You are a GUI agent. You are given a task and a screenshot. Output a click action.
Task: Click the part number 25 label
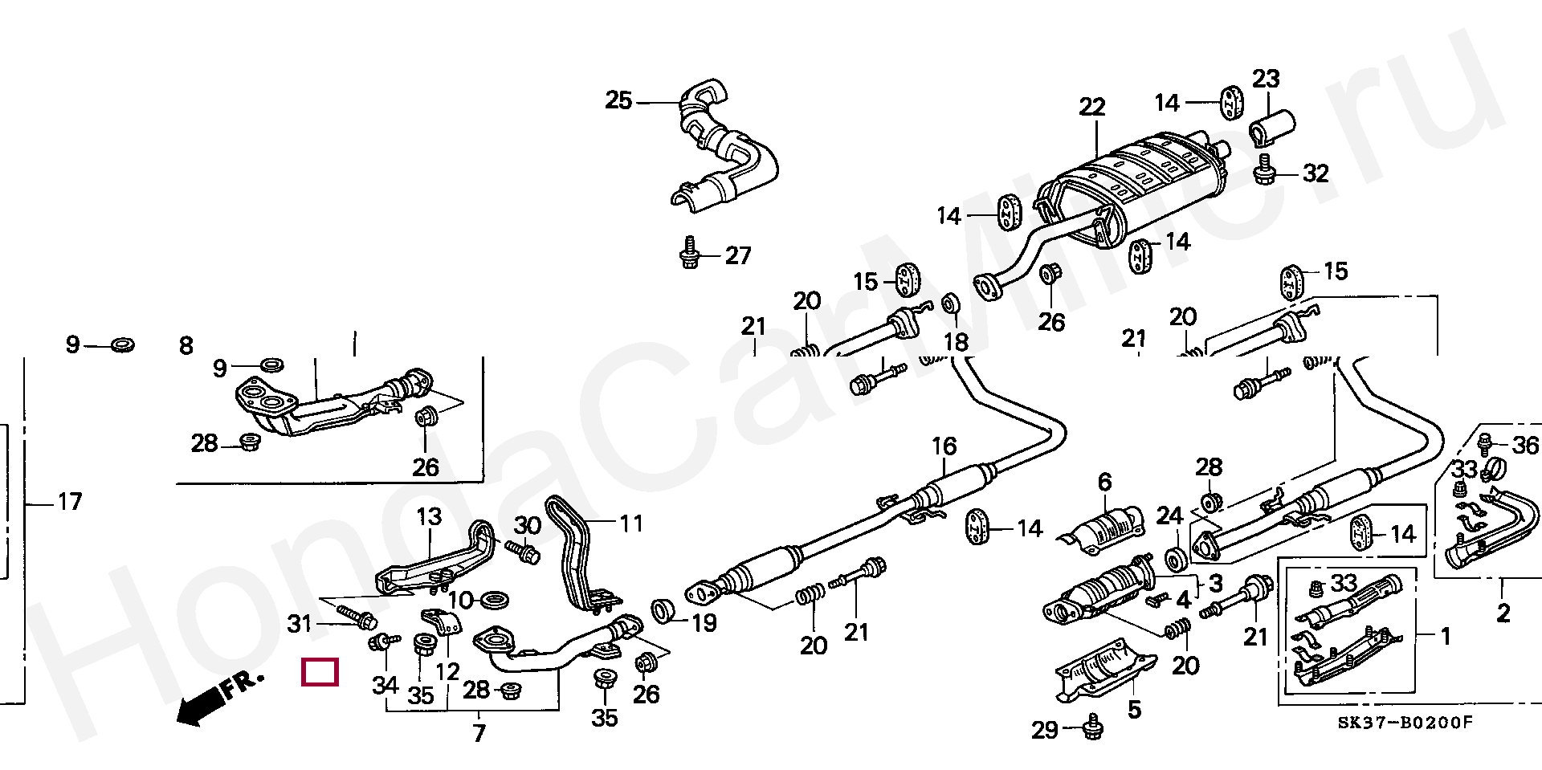(x=618, y=101)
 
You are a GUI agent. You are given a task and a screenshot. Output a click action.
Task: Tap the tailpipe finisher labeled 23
(x=1271, y=128)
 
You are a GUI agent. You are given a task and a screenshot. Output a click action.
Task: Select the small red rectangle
(x=320, y=672)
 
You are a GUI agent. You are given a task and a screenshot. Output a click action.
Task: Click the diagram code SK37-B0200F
(x=1405, y=723)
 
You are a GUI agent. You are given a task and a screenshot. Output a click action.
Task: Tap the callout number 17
(x=70, y=503)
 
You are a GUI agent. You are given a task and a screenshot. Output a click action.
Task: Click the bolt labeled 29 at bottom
(x=1091, y=727)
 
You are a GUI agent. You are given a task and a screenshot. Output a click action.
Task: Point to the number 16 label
(x=944, y=446)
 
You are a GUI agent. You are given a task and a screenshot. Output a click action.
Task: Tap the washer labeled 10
(x=493, y=600)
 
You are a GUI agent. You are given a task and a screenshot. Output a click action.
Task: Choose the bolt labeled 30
(x=523, y=552)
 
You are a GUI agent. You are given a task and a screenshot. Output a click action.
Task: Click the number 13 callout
(x=429, y=517)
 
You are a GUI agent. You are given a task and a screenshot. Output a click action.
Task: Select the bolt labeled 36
(x=1485, y=442)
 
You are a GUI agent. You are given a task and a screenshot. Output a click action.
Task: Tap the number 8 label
(x=186, y=346)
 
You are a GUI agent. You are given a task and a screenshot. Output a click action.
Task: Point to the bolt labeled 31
(x=354, y=617)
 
